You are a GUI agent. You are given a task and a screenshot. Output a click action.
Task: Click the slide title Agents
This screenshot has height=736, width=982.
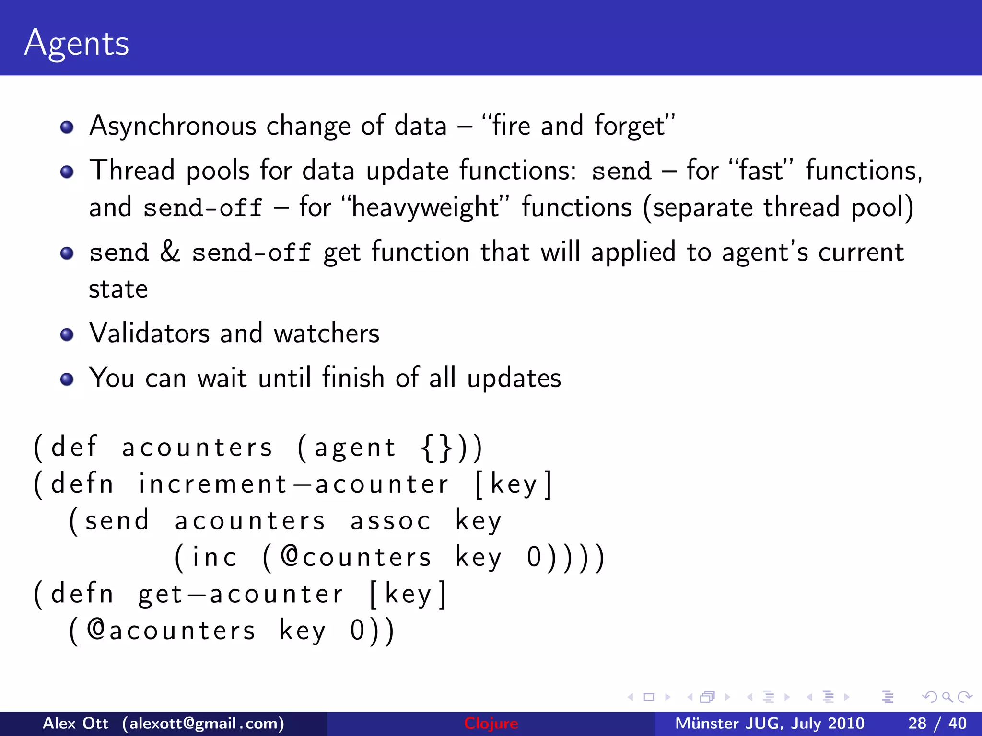pyautogui.click(x=77, y=43)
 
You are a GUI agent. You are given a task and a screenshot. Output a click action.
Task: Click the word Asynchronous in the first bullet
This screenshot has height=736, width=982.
pyautogui.click(x=173, y=126)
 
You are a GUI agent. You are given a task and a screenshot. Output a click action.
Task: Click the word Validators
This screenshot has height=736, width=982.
pyautogui.click(x=150, y=333)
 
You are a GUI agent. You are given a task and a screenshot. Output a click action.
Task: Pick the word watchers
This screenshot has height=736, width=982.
pyautogui.click(x=326, y=333)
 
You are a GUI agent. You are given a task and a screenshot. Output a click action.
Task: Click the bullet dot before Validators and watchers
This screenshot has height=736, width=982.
pyautogui.click(x=67, y=334)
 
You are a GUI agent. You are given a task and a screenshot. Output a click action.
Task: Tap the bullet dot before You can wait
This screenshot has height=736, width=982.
pyautogui.click(x=67, y=379)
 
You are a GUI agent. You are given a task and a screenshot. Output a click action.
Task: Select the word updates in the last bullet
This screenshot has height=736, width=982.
pyautogui.click(x=514, y=379)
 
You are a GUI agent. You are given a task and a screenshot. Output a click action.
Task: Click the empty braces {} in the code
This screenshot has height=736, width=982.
pyautogui.click(x=436, y=448)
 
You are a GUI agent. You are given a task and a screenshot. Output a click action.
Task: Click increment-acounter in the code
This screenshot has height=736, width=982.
pyautogui.click(x=293, y=484)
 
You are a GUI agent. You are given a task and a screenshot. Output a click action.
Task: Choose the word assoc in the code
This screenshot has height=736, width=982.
pyautogui.click(x=391, y=521)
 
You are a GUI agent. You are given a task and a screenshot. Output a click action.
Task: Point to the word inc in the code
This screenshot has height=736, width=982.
pyautogui.click(x=214, y=557)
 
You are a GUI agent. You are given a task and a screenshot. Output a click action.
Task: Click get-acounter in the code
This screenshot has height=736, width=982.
pyautogui.click(x=241, y=594)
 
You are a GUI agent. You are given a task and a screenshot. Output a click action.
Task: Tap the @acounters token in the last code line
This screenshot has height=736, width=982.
pyautogui.click(x=171, y=630)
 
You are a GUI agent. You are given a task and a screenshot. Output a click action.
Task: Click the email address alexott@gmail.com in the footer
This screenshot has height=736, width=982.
pyautogui.click(x=203, y=723)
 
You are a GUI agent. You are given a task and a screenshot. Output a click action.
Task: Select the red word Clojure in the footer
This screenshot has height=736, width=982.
pyautogui.click(x=491, y=723)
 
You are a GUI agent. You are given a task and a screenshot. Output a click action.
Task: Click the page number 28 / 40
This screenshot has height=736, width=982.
pyautogui.click(x=937, y=723)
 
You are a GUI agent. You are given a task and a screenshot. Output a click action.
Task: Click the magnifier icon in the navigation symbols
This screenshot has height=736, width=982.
pyautogui.click(x=947, y=697)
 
